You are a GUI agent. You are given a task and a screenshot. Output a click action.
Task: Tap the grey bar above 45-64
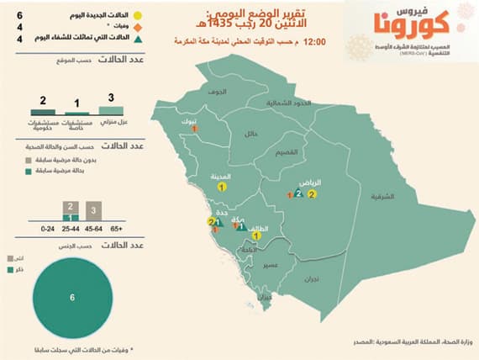tap(95, 210)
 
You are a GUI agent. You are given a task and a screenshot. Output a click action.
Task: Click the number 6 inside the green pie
tap(72, 298)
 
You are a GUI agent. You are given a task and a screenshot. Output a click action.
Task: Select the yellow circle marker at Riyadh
tap(312, 194)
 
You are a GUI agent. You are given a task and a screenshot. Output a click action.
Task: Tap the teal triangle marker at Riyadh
tap(298, 193)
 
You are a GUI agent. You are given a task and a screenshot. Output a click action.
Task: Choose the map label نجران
tap(313, 277)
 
